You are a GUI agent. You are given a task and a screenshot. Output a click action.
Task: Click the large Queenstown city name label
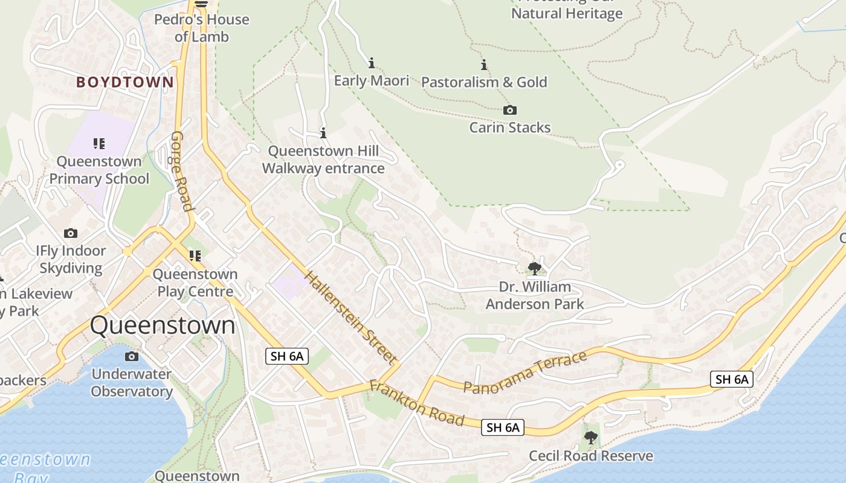163,325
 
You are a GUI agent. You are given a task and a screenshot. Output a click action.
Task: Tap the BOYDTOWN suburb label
125,82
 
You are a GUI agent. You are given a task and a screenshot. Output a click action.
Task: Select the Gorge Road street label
181,171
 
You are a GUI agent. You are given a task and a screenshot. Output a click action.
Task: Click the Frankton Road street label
416,403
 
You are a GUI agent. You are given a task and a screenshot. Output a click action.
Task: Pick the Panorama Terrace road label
525,373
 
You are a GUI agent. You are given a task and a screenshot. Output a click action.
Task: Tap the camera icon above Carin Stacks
510,110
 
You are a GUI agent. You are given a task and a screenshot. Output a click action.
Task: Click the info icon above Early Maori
372,63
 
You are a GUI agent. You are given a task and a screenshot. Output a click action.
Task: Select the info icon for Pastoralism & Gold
484,65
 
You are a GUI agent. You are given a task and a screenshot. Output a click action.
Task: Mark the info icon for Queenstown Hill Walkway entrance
323,133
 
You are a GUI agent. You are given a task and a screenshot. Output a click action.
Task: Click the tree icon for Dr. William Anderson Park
534,268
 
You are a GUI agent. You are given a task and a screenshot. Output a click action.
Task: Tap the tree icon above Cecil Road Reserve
591,438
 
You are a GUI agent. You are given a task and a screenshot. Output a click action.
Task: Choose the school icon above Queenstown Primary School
99,144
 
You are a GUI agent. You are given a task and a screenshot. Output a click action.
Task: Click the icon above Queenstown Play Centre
195,256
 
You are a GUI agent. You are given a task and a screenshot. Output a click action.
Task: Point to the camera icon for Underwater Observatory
131,356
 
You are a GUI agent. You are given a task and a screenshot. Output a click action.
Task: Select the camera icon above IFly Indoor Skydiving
71,233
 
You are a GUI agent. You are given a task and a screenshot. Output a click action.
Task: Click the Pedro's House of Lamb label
202,28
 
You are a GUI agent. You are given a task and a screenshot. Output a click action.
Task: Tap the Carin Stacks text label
510,127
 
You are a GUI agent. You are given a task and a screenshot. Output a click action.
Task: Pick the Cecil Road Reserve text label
591,456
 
